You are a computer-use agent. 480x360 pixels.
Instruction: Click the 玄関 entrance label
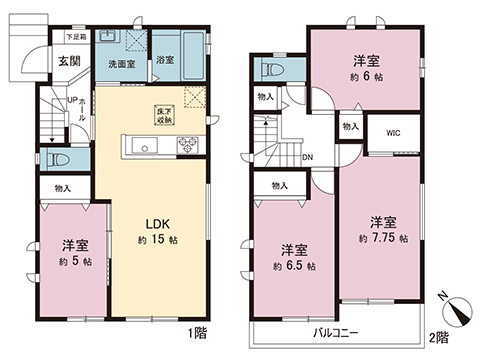click(x=68, y=62)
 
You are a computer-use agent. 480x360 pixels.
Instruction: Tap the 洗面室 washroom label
click(x=124, y=63)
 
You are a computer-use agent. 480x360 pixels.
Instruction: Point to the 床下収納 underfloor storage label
click(x=162, y=114)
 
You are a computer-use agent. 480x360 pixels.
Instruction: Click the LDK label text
click(x=152, y=223)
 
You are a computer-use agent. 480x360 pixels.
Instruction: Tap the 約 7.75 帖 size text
click(x=383, y=239)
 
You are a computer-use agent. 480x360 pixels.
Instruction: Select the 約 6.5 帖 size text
click(x=295, y=266)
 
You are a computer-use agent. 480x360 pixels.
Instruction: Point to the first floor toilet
click(x=56, y=160)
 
